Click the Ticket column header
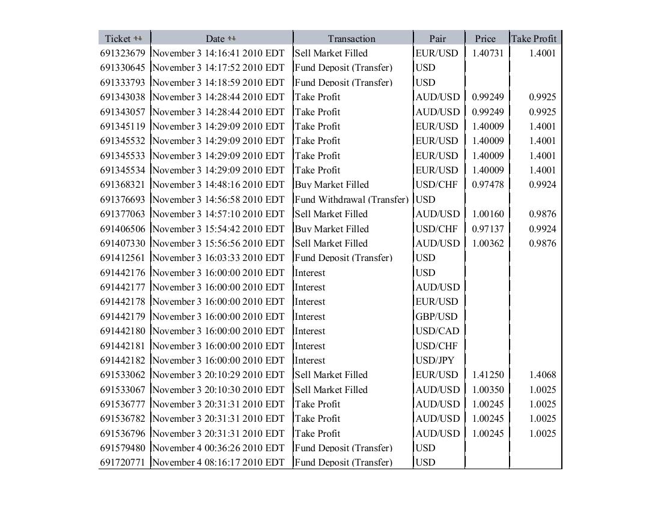pyautogui.click(x=117, y=38)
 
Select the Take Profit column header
pyautogui.click(x=534, y=38)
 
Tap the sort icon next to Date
pyautogui.click(x=232, y=38)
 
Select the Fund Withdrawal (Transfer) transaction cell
pyautogui.click(x=352, y=199)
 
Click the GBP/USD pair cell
pyautogui.click(x=436, y=316)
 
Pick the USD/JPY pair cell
pyautogui.click(x=435, y=360)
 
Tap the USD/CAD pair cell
pyautogui.click(x=437, y=331)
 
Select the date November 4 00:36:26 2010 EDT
pyautogui.click(x=218, y=448)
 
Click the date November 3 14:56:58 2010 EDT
pyautogui.click(x=218, y=199)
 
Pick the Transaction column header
pyautogui.click(x=352, y=38)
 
